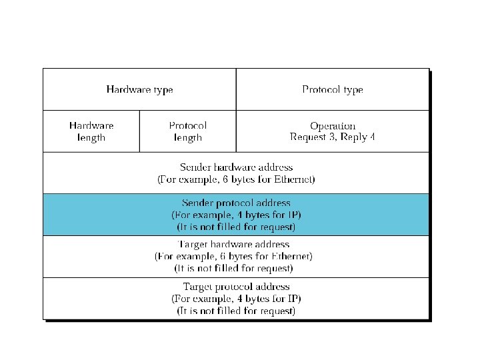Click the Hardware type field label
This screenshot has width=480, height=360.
tap(139, 89)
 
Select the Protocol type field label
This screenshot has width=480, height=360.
tap(332, 89)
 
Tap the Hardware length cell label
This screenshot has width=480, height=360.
tap(91, 131)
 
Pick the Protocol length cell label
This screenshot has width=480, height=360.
tap(187, 131)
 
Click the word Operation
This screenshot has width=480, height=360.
tap(333, 125)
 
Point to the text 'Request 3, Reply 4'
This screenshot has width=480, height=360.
tap(333, 137)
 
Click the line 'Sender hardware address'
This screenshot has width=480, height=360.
tap(236, 167)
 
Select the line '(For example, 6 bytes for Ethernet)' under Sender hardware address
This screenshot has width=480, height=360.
tap(236, 179)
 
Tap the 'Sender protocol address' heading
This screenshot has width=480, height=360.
tap(236, 203)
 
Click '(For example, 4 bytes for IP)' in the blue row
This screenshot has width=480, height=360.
tap(236, 215)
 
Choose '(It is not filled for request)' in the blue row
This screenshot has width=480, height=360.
tap(236, 227)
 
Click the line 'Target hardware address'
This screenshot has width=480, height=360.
tap(236, 244)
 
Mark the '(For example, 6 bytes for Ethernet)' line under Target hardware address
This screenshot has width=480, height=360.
tap(233, 256)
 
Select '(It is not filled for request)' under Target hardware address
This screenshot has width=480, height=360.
tap(233, 268)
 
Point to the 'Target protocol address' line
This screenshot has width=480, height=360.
tap(236, 287)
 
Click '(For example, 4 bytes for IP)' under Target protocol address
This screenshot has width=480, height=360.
tap(236, 299)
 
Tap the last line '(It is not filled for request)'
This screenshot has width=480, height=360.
tap(236, 311)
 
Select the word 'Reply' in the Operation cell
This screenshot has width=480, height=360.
tap(354, 137)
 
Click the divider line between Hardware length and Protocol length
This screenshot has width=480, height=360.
tap(140, 131)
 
